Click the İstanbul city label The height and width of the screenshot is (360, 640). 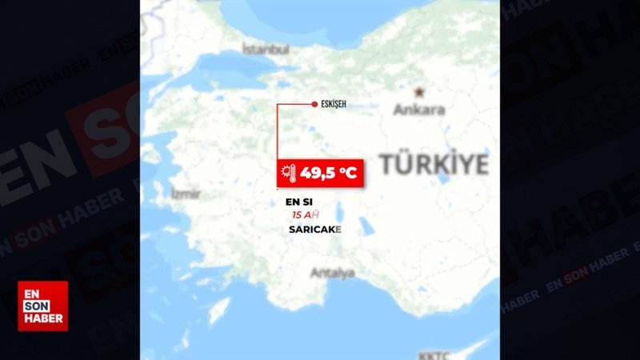click(265, 50)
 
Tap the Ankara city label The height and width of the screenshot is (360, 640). click(418, 110)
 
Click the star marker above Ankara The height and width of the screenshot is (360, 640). click(418, 92)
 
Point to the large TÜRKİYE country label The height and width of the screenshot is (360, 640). click(433, 164)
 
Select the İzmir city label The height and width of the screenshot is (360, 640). click(186, 194)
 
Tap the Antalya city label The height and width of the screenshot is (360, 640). click(332, 274)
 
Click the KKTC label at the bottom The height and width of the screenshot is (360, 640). click(434, 354)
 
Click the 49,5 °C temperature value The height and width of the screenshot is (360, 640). click(328, 171)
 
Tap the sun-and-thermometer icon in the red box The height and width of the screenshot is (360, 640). click(287, 172)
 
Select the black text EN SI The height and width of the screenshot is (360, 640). click(299, 202)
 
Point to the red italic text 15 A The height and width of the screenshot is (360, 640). click(306, 215)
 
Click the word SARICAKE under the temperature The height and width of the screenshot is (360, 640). click(314, 230)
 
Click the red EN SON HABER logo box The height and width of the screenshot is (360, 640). click(42, 306)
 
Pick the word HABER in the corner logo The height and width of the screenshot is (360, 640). click(42, 318)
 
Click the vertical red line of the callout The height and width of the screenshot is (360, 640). click(278, 132)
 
